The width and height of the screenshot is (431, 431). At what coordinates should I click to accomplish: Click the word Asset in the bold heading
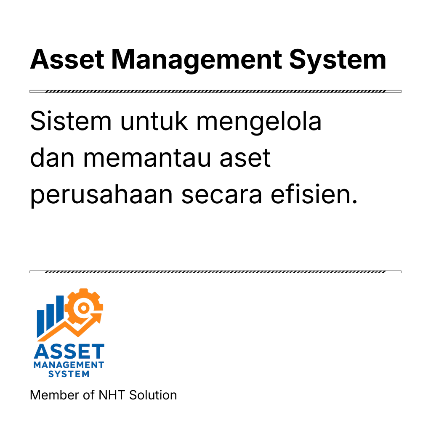coord(67,59)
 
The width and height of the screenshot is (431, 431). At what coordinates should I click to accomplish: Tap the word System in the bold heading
coord(338,59)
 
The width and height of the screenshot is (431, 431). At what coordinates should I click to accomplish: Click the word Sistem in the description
coord(71,122)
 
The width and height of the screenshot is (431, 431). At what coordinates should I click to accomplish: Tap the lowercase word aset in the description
coord(247,158)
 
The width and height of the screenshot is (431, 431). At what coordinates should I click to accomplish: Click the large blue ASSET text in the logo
coord(69,352)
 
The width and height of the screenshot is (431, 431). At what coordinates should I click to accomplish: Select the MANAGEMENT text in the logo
coord(69,364)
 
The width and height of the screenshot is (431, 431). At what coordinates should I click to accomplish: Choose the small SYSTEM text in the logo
coord(69,374)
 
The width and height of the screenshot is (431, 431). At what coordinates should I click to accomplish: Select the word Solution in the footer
coord(153,395)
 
